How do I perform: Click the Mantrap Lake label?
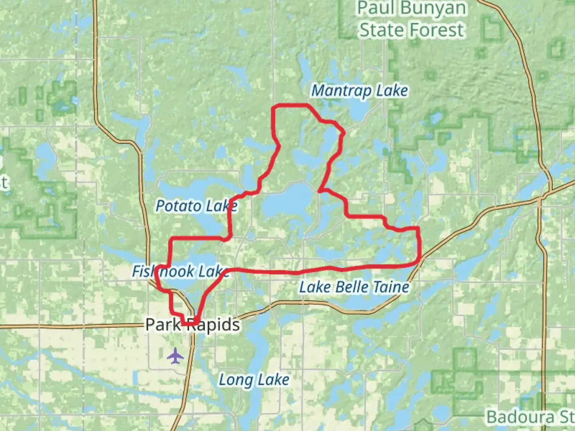[x=359, y=91]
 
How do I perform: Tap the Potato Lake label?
[x=196, y=206]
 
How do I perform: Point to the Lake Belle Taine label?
[x=354, y=287]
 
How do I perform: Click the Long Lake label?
[x=254, y=380]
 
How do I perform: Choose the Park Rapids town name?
[x=192, y=324]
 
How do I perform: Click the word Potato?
[x=178, y=206]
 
